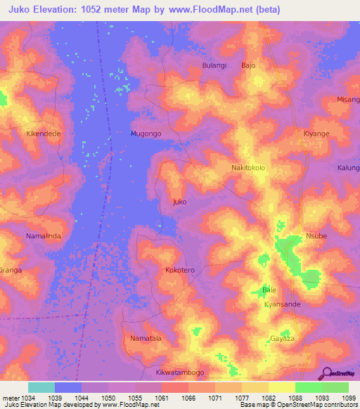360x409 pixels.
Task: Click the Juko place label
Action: click(180, 202)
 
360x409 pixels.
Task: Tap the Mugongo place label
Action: click(146, 134)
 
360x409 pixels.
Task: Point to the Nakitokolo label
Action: click(248, 169)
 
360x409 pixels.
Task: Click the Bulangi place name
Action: click(214, 65)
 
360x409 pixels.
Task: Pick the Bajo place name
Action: click(248, 65)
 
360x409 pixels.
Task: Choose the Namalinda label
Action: click(44, 236)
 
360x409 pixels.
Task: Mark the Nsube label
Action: click(316, 236)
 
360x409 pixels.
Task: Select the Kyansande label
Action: click(282, 304)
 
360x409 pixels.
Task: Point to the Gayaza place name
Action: click(282, 339)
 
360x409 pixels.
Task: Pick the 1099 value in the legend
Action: click(349, 398)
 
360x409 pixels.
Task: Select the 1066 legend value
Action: click(188, 398)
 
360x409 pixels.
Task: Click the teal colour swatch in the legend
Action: click(41, 387)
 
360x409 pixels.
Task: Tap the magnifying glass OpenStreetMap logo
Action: click(326, 373)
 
